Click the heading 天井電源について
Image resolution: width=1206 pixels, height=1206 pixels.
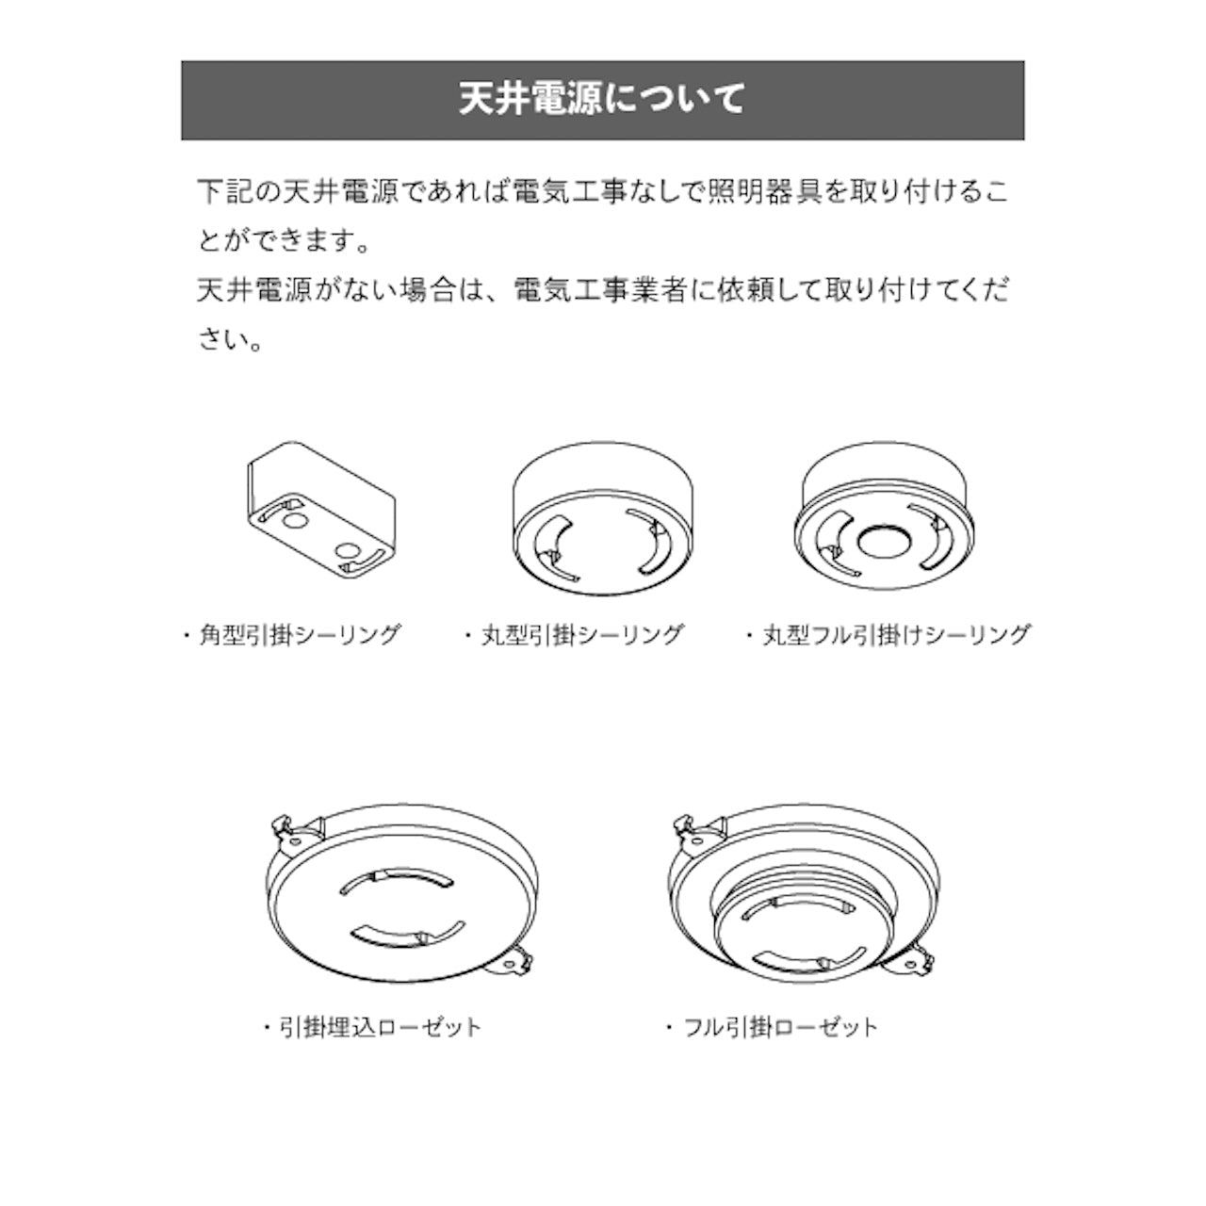(x=602, y=100)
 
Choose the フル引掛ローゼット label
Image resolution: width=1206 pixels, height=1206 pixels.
(x=781, y=1026)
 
